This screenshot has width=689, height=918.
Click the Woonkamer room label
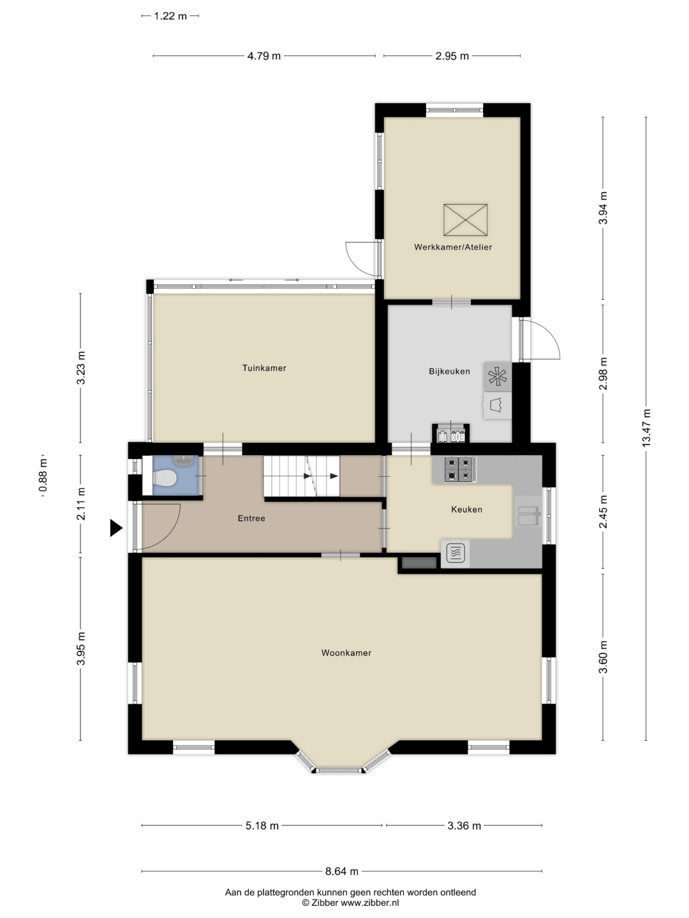(346, 653)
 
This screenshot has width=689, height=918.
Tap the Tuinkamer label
(264, 368)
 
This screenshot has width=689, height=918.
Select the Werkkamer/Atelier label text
(453, 247)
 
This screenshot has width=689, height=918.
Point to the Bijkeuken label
(449, 371)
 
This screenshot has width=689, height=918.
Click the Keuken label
(466, 509)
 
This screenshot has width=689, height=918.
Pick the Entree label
(251, 518)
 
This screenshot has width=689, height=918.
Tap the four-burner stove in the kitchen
(460, 469)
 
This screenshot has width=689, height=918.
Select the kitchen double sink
(528, 516)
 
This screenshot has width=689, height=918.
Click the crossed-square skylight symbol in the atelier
(466, 220)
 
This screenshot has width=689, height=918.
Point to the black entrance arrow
(116, 528)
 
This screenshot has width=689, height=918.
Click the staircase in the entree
(301, 476)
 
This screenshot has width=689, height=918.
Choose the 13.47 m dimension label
(647, 427)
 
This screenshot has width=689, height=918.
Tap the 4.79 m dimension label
(263, 55)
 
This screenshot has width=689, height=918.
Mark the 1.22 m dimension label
(170, 17)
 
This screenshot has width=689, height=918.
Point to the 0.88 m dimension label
(43, 476)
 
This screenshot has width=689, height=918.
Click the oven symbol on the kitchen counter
(455, 553)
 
